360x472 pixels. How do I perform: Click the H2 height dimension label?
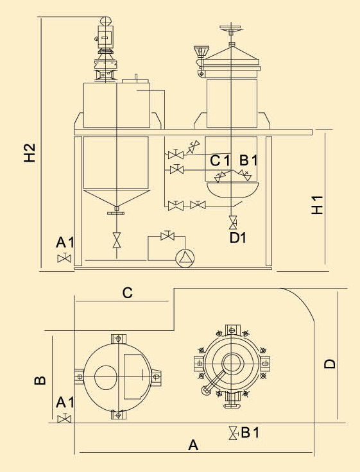[30, 153]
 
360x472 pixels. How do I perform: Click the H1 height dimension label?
[317, 205]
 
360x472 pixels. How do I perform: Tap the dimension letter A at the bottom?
[193, 445]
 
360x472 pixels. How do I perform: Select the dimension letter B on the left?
[40, 380]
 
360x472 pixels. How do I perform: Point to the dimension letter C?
[128, 292]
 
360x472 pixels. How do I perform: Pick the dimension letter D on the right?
[330, 364]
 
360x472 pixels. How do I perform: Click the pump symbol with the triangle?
[185, 258]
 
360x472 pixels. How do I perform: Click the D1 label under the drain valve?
[237, 238]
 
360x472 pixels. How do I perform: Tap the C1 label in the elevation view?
[220, 160]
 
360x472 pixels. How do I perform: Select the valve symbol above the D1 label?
[232, 222]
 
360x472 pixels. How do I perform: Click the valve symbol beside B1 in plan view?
[233, 433]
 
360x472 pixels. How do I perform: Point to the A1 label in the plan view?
[65, 403]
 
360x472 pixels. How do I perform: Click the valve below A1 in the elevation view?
[64, 258]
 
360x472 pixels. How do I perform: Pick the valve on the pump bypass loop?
[168, 235]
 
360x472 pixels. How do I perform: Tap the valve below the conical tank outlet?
[117, 240]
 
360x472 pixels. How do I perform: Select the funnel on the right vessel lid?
[200, 51]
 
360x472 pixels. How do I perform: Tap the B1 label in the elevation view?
[248, 160]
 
